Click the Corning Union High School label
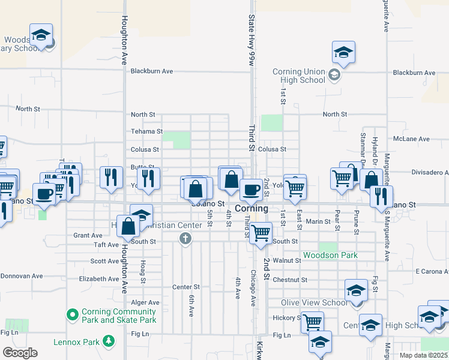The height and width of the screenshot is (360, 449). pos(299,76)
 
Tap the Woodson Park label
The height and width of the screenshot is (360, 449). pos(330,256)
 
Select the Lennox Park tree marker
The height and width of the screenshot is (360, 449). pos(109,341)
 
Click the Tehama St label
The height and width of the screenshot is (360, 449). pos(147,131)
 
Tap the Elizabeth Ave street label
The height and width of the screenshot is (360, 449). pos(99,279)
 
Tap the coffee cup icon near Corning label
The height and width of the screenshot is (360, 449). pos(251,190)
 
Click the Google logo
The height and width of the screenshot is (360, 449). pos(20,352)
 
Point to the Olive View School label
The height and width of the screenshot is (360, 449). pos(314,302)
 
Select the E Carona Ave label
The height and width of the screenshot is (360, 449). pos(432,271)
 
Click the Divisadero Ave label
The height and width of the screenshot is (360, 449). pos(430,172)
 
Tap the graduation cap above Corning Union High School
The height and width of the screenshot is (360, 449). pos(344,52)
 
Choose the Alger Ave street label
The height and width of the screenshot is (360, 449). pos(146,303)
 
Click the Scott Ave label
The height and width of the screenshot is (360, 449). pos(104,261)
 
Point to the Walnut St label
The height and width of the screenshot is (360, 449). pos(286,261)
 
